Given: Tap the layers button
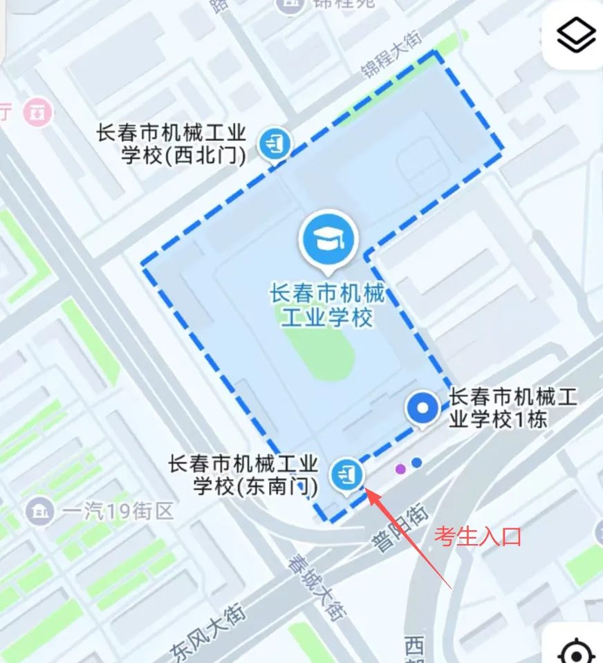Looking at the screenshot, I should (576, 36).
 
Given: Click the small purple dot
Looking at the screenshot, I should (400, 469).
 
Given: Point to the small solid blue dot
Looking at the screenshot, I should (416, 463).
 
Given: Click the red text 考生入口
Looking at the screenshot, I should (476, 536).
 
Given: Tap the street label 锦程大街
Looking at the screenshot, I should (391, 55).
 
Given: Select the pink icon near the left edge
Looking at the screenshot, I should (37, 112).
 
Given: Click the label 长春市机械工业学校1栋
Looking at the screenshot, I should (513, 408).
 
